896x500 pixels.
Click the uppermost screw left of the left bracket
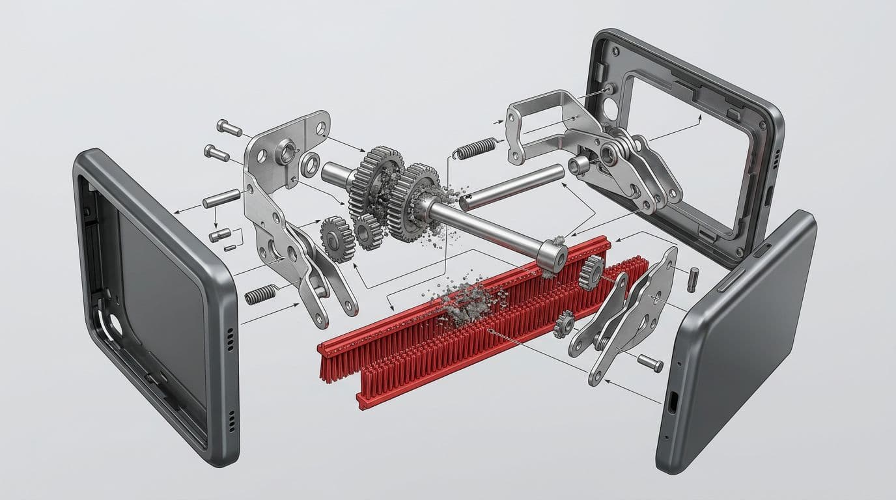point(229,128)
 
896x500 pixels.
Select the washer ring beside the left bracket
point(311,164)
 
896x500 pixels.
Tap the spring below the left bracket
point(260,295)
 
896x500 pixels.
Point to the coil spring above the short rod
point(475,149)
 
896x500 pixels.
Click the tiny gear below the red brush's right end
point(564,323)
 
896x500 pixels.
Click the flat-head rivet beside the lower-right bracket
point(650,362)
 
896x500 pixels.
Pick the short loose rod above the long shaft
point(511,187)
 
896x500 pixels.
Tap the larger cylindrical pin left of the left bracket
point(221,198)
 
